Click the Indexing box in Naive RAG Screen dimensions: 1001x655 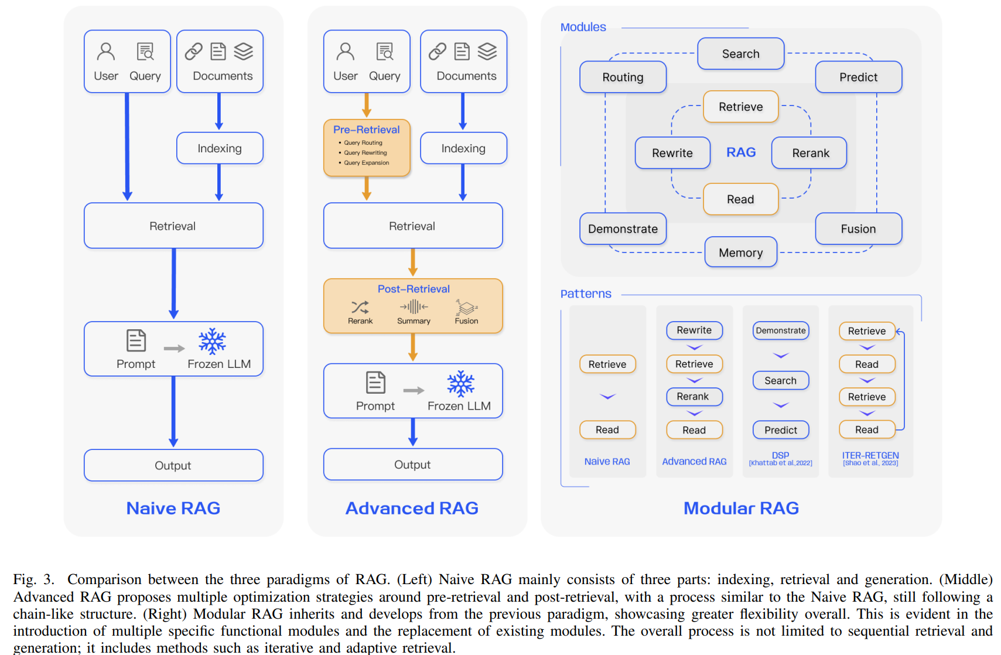220,148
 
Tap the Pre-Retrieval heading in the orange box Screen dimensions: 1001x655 367,129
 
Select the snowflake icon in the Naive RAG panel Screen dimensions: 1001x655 212,341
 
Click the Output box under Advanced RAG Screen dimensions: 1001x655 413,465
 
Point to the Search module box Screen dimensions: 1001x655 740,54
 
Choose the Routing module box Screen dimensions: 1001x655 623,77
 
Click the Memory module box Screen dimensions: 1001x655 740,252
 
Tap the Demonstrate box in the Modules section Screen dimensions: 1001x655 623,228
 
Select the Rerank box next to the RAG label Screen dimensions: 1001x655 809,153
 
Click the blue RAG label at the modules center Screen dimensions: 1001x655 741,152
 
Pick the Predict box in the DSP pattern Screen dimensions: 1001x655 781,429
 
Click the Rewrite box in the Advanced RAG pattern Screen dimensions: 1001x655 694,330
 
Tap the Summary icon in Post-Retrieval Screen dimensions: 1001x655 414,307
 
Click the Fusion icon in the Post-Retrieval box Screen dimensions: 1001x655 467,308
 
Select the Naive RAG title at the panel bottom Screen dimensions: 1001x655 173,508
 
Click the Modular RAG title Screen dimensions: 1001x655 741,508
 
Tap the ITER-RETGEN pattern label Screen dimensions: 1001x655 870,455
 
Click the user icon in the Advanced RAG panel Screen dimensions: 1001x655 346,52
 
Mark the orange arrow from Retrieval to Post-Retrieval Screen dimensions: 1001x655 413,262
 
